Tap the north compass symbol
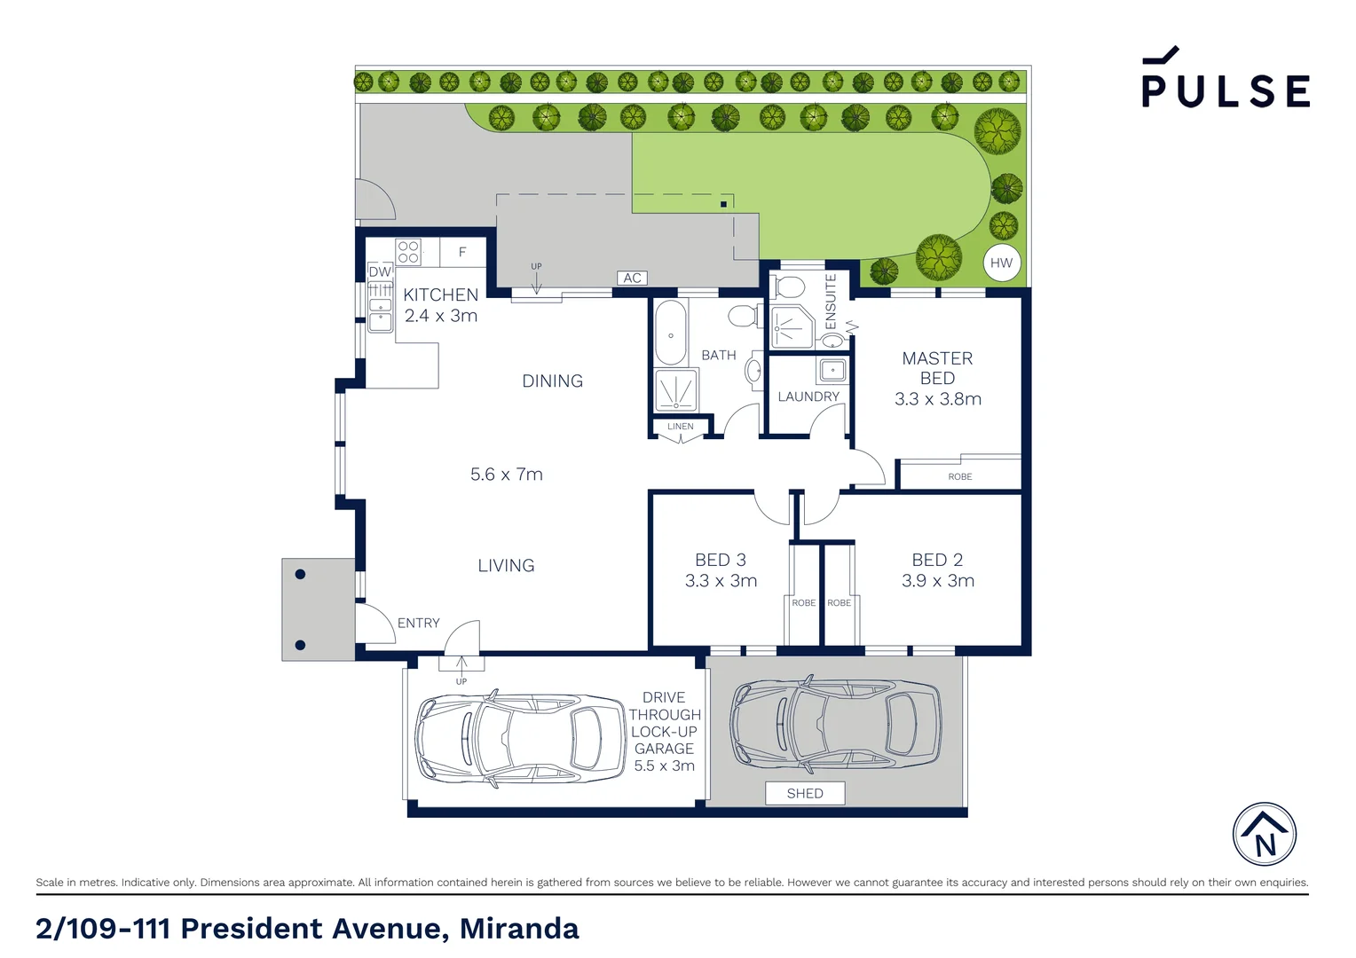pos(1265,835)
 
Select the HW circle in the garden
pos(1002,263)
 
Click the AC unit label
pos(632,278)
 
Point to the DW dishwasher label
pos(380,271)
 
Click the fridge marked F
pos(462,252)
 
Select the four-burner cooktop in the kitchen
pos(408,252)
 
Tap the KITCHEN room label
pos(441,294)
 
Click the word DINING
pos(552,381)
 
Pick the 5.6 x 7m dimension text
pos(506,475)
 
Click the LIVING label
pos(506,565)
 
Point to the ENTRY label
pos(418,623)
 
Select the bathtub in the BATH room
pos(670,334)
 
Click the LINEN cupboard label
pos(681,427)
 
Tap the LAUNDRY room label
pos(808,397)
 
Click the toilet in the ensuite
pos(788,287)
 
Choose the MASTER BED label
pos(937,368)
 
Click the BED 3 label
pos(721,560)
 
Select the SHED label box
pos(805,793)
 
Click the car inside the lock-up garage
pos(521,738)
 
